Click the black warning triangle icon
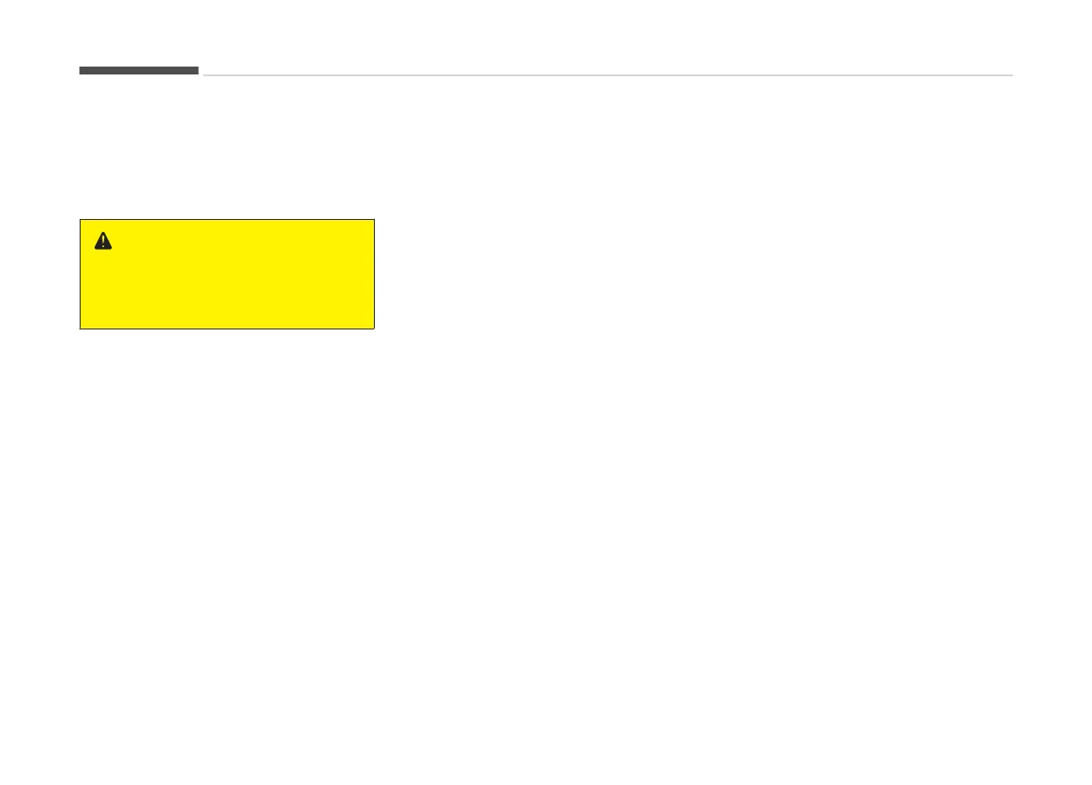pos(103,242)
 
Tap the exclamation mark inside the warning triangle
pos(103,242)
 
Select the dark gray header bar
pos(138,70)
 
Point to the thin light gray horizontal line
pos(608,75)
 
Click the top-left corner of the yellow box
pos(81,220)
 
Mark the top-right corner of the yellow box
pos(374,220)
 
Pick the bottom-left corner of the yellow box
pos(81,329)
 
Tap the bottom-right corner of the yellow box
pos(374,329)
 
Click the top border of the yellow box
pos(227,220)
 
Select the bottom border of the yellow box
pos(227,329)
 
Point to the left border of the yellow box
pos(81,274)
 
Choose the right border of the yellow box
pos(374,274)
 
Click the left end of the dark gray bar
pos(80,70)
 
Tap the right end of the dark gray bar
pos(198,70)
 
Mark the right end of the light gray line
pos(1012,75)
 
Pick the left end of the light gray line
pos(204,75)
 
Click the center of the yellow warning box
pos(227,274)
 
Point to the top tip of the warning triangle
pos(103,233)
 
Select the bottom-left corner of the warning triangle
pos(95,250)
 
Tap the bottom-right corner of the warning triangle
pos(112,250)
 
